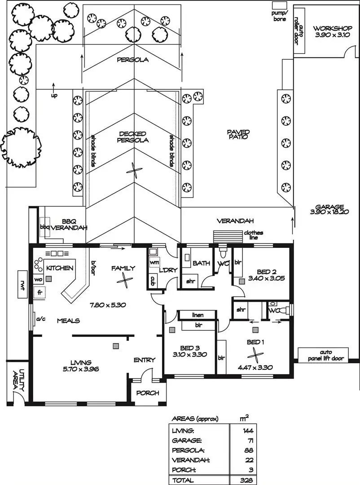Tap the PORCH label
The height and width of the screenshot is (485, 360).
[147, 393]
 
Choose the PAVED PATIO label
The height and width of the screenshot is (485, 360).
[238, 134]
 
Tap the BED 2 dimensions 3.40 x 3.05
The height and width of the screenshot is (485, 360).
[264, 279]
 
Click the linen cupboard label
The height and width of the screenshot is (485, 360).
[198, 315]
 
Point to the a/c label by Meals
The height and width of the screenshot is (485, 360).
[41, 319]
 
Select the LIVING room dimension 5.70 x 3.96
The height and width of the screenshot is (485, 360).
[81, 369]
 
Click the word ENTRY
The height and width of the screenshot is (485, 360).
[145, 360]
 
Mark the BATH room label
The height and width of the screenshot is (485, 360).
[201, 263]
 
